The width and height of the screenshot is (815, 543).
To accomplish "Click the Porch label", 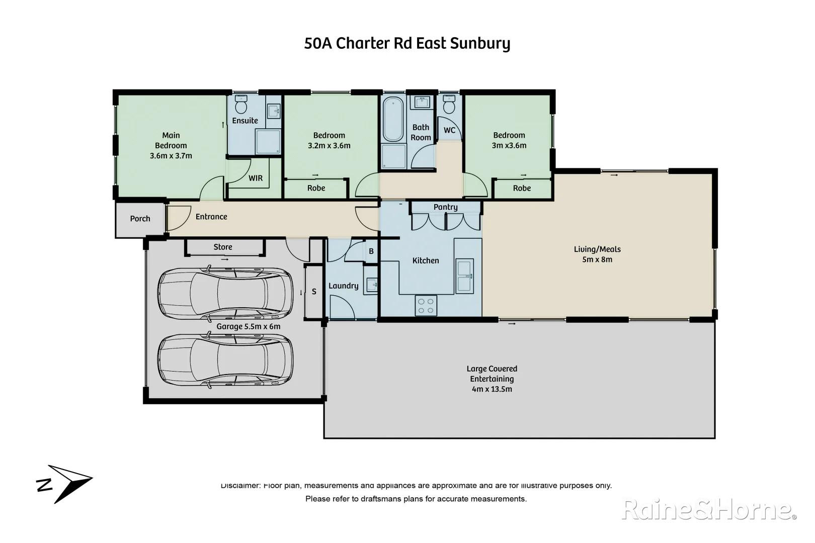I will pyautogui.click(x=140, y=219).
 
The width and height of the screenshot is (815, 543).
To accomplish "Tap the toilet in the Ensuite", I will pyautogui.click(x=241, y=106).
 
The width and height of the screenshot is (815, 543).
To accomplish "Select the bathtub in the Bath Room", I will pyautogui.click(x=393, y=120).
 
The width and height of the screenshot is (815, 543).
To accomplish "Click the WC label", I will pyautogui.click(x=449, y=130).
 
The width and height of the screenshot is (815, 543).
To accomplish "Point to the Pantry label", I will pyautogui.click(x=445, y=207).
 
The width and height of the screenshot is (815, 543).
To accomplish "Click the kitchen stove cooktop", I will pyautogui.click(x=426, y=305).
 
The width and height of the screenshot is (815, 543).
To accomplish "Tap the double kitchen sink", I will pyautogui.click(x=464, y=276).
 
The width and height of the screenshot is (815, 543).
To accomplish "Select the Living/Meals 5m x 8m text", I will pyautogui.click(x=597, y=254).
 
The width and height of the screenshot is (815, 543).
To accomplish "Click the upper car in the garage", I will pyautogui.click(x=225, y=293).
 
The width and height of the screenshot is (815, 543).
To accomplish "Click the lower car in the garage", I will pyautogui.click(x=225, y=360).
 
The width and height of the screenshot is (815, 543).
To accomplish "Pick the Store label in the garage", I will pyautogui.click(x=223, y=247).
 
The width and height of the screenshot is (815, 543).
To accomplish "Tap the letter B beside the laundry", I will pyautogui.click(x=371, y=251).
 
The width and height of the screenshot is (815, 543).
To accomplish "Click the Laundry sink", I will pyautogui.click(x=371, y=285).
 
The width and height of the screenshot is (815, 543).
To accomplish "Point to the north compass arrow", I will pyautogui.click(x=64, y=483).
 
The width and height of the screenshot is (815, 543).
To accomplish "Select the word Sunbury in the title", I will pyautogui.click(x=480, y=43).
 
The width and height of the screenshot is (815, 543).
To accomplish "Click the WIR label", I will pyautogui.click(x=256, y=178).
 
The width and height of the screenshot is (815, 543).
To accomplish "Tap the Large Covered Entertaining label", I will pyautogui.click(x=492, y=379).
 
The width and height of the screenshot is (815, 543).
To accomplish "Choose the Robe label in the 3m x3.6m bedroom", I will pyautogui.click(x=522, y=188).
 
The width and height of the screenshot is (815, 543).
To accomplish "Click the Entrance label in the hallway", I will pyautogui.click(x=211, y=217).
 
